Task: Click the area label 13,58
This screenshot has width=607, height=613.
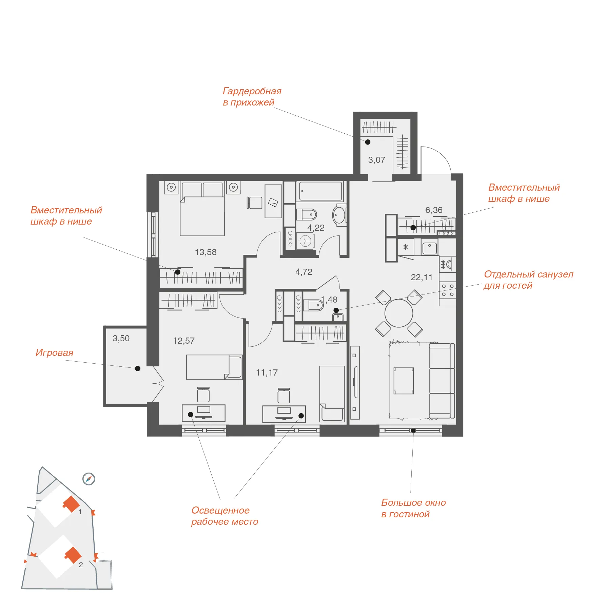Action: coord(205,252)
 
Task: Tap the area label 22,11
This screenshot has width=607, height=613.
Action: coord(422,277)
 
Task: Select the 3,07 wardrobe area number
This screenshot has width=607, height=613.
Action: coord(376,160)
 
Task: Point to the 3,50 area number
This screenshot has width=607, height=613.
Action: coord(121,338)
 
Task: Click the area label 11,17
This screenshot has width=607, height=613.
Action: coord(267,372)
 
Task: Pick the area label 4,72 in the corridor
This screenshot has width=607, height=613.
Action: coord(303,272)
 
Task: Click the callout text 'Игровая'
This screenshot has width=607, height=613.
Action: coord(54,353)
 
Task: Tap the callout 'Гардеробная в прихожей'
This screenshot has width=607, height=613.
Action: coord(252,97)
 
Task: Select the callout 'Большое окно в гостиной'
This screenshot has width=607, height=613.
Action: coord(413,508)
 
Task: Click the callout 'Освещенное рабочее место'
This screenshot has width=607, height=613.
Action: coord(224,516)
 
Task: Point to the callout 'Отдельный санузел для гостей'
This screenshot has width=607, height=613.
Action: coord(528,280)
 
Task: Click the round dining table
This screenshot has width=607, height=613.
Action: coord(399,313)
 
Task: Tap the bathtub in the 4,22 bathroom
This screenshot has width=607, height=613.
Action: coord(320,191)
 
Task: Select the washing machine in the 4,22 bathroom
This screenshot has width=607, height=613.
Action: coord(305,241)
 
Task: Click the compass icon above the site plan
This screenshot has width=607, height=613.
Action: coord(89,479)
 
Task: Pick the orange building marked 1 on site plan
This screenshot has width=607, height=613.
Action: coord(71,504)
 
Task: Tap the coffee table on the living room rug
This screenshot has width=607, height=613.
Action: coord(404,381)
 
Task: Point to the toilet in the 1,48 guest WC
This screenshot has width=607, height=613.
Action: coord(313,305)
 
